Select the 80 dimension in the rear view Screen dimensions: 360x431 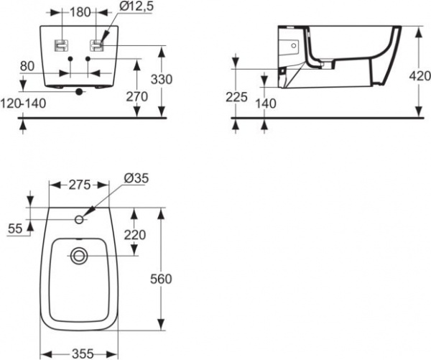coord(27,66)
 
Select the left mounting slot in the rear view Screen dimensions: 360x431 coord(62,45)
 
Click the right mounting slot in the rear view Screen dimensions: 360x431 coord(96,45)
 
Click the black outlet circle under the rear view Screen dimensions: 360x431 coord(80,91)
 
